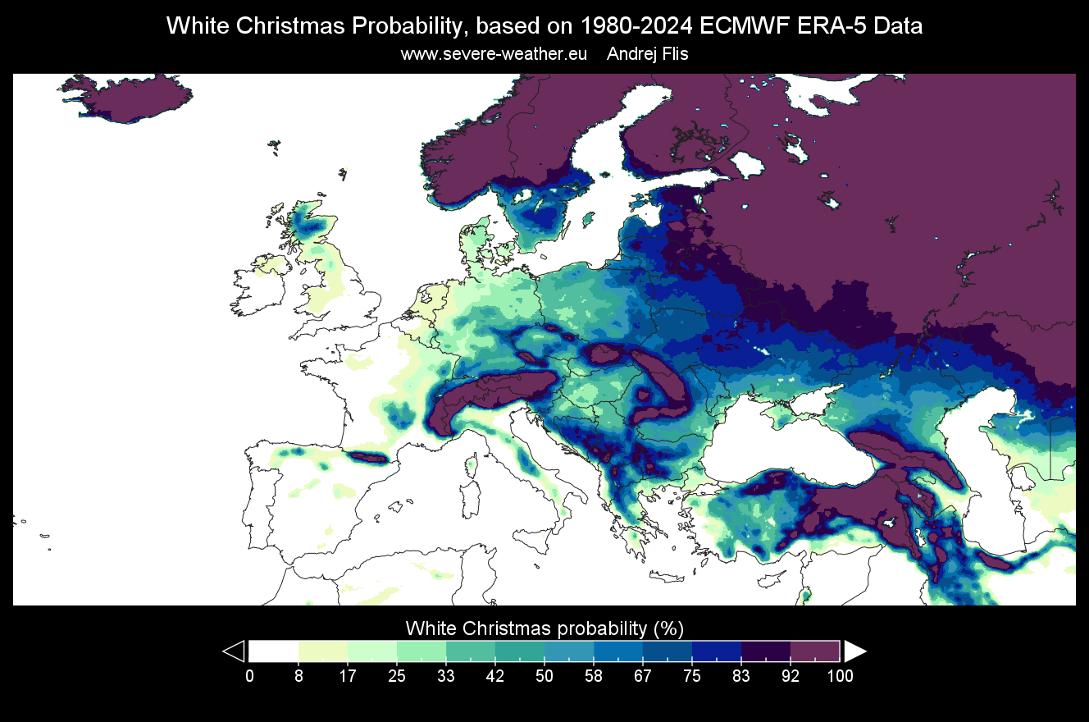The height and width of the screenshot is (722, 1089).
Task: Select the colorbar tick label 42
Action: [x=495, y=676]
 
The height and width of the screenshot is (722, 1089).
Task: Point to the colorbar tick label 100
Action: [x=840, y=676]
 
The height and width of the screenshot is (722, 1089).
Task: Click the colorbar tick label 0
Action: [x=249, y=676]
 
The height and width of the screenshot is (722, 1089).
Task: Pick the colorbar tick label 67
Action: [x=643, y=676]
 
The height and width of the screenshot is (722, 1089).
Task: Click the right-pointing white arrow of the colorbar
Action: [x=854, y=651]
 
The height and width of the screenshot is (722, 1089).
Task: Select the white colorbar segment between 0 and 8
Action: [x=274, y=651]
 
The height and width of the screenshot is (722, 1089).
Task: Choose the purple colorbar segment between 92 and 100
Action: [x=815, y=651]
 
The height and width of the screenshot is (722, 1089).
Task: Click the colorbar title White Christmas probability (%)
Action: [x=544, y=628]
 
